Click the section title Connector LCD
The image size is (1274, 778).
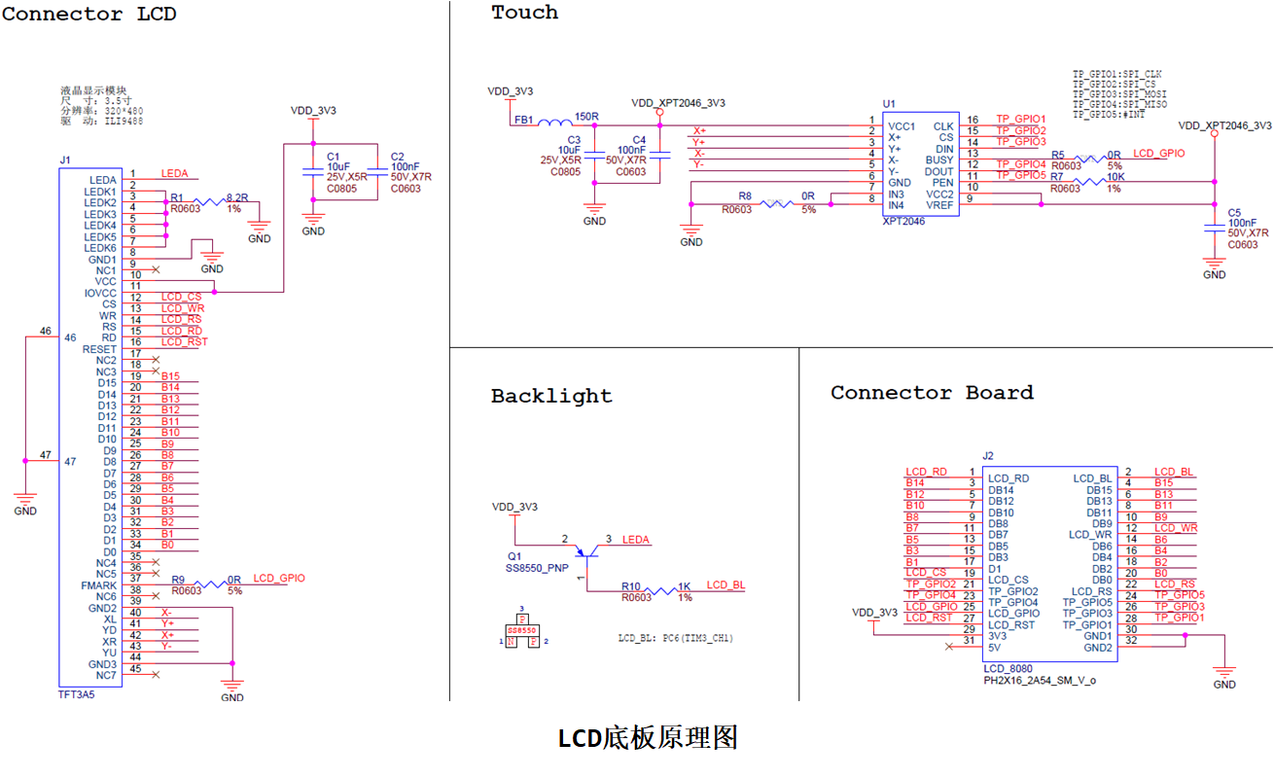pos(89,15)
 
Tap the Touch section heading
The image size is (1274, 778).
pos(524,13)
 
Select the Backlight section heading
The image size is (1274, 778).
pos(551,396)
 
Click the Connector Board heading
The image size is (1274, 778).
pos(932,393)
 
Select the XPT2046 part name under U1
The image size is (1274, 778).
pos(905,221)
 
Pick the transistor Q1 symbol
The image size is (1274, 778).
pos(584,551)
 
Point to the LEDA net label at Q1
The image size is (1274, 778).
pos(635,540)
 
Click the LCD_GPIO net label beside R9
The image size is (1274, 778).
pos(278,579)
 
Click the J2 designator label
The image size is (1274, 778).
pos(988,455)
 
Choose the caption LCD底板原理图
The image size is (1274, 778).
pos(648,738)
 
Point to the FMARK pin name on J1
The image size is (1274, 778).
pos(99,585)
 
